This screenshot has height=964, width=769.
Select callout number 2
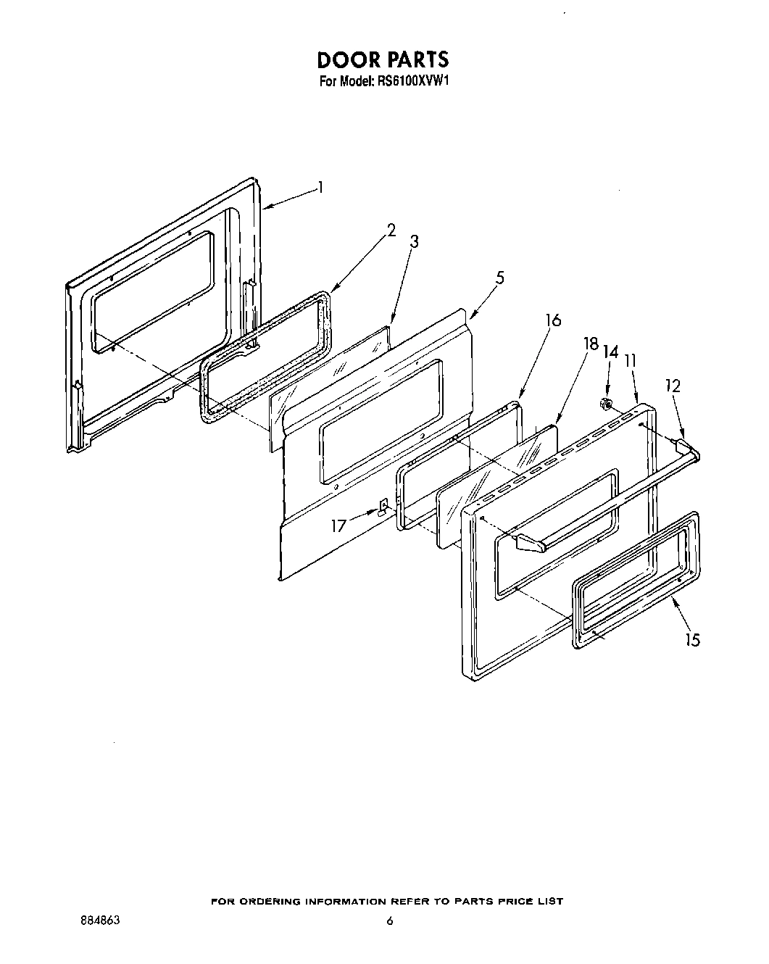(x=391, y=230)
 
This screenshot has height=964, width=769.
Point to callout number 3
(x=414, y=242)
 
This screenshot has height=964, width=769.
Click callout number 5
(x=500, y=278)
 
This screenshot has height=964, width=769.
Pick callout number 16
(x=553, y=319)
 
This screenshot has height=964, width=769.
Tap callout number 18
(x=592, y=344)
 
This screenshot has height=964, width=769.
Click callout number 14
(x=611, y=352)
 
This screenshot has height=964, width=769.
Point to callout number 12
(x=673, y=386)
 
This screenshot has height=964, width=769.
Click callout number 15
(x=693, y=640)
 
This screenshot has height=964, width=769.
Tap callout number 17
(x=339, y=525)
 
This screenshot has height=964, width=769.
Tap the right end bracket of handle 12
(x=684, y=444)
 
